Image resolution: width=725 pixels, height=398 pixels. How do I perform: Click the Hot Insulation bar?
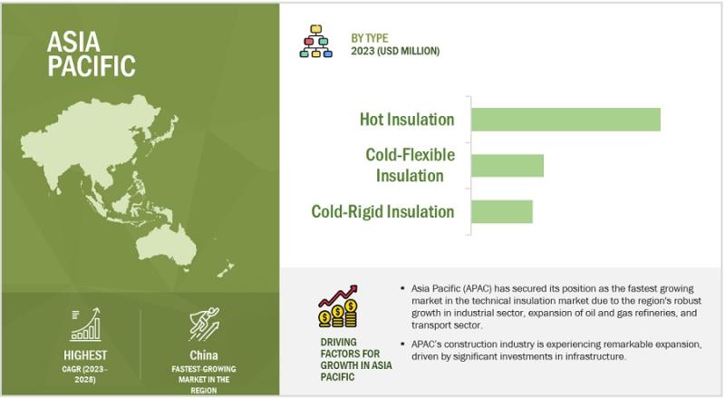pos(565,120)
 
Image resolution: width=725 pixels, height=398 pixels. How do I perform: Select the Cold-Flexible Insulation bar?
pos(507,165)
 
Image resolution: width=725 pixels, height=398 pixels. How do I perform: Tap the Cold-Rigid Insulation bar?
pos(502,211)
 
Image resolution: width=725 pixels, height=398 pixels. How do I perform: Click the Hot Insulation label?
pos(407,120)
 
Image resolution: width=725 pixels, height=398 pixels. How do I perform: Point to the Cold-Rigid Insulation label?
pos(382,211)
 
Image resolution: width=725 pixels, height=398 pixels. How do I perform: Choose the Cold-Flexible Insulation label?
pos(411,165)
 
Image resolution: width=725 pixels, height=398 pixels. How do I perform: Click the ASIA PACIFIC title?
pos(92,53)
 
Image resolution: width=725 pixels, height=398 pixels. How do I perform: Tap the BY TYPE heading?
pos(370,38)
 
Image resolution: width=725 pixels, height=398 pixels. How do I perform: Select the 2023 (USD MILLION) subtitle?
pos(395,51)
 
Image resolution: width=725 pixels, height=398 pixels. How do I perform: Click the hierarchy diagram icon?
pos(315,41)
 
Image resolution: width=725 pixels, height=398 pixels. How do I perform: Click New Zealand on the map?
pos(226,270)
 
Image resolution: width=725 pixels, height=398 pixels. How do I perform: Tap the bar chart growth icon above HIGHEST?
pos(85,325)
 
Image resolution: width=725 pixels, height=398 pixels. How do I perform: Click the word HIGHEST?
pos(85,355)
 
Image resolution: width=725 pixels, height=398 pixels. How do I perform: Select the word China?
pos(203,355)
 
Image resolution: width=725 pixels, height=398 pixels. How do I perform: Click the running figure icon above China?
pos(204,324)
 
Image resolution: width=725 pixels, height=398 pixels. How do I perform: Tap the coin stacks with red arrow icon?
pos(338,306)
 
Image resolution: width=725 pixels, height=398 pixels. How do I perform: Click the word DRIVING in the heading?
pos(338,342)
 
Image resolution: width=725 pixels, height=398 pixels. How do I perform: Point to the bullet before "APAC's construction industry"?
pos(402,345)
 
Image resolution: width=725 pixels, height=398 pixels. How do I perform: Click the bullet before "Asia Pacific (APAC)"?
pos(402,289)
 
